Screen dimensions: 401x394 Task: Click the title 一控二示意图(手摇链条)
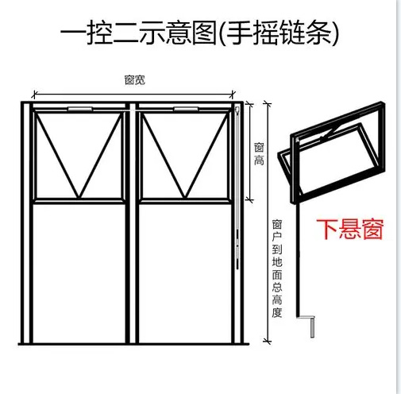click(199, 33)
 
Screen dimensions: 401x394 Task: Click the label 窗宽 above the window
click(135, 79)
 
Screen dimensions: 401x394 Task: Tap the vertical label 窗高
click(259, 154)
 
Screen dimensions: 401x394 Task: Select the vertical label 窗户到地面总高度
click(277, 268)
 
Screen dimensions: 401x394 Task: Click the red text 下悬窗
click(350, 229)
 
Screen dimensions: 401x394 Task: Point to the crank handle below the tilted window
click(309, 325)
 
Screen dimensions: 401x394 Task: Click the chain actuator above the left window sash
click(80, 109)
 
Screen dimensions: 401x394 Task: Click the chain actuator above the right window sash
click(186, 109)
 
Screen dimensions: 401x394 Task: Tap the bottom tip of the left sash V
click(79, 198)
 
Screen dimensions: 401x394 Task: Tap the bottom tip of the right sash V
click(185, 198)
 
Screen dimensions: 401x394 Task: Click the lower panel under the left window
click(79, 272)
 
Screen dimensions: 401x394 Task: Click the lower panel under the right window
click(185, 272)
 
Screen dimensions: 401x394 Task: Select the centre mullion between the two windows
click(132, 223)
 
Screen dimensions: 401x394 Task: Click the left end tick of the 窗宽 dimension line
click(34, 94)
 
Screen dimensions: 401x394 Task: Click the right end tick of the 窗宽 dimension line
click(233, 94)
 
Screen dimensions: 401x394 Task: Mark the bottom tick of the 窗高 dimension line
click(249, 199)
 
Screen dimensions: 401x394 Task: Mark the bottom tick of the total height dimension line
click(268, 341)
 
